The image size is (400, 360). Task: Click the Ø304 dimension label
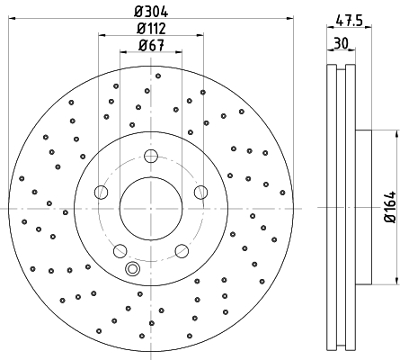(151, 12)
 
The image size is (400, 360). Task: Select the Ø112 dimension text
(151, 29)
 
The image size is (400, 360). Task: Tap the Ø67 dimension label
(151, 46)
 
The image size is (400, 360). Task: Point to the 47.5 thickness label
(349, 21)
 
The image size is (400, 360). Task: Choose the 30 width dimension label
(342, 43)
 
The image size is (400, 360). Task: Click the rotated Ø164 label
(390, 207)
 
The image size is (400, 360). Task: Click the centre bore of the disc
(151, 209)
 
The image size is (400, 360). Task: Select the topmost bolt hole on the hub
(151, 156)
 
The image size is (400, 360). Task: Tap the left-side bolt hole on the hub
(101, 193)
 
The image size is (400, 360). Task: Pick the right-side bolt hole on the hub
(200, 193)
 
